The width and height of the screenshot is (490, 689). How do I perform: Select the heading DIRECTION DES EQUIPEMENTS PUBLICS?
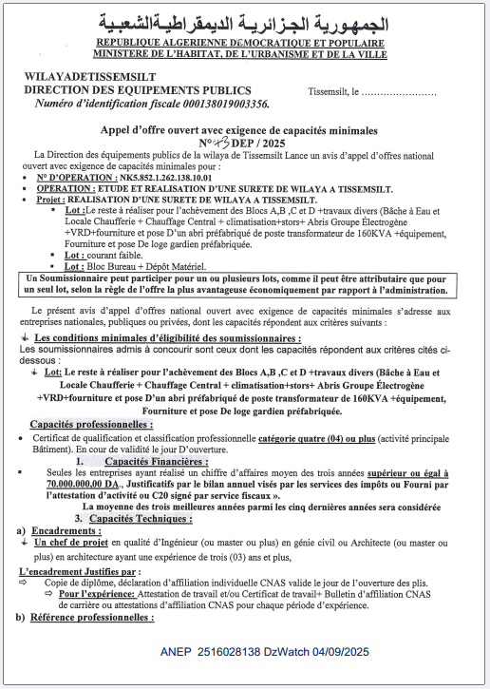click(117, 90)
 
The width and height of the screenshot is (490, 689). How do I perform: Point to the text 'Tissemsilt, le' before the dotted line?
click(332, 92)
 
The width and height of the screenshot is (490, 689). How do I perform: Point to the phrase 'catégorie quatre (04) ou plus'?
click(319, 437)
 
